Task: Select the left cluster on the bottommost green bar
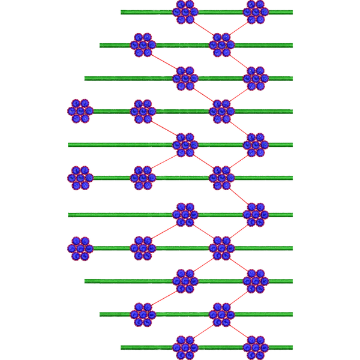click(185, 346)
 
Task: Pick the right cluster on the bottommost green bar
click(256, 346)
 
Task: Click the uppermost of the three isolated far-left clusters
click(80, 110)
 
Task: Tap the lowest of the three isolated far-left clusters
click(80, 248)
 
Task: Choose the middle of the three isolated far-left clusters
click(80, 178)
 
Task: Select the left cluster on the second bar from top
click(143, 44)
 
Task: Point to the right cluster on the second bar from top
click(221, 44)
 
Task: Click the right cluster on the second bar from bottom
click(221, 313)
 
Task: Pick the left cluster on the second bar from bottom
click(143, 313)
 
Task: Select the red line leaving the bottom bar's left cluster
click(203, 330)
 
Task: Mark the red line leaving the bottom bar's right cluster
click(239, 330)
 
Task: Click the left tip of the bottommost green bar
click(122, 346)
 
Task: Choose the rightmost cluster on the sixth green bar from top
click(221, 178)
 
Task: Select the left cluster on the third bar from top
click(185, 78)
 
